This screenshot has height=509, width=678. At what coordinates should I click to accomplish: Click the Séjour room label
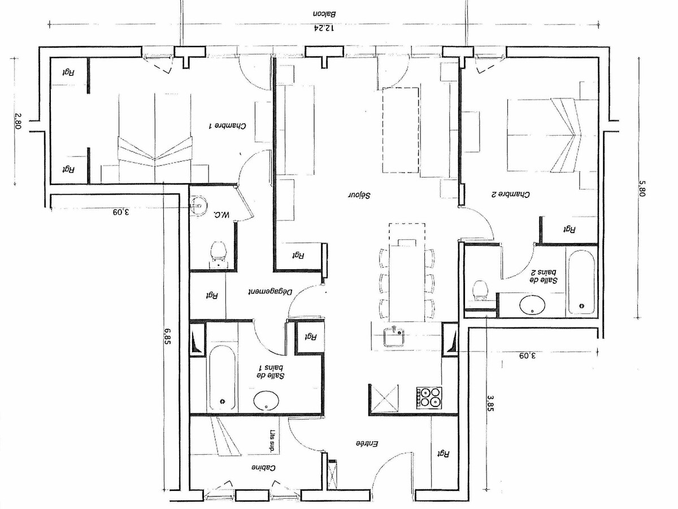pos(359,195)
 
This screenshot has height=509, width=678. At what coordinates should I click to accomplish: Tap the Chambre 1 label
pos(228,126)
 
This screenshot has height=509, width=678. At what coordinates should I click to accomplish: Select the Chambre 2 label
pos(510,195)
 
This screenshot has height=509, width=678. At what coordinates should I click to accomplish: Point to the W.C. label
pos(221,214)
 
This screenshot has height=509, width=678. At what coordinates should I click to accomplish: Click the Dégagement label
pos(270,292)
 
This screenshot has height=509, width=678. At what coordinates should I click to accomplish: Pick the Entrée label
pos(367,443)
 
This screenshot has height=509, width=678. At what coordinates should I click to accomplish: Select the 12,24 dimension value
pos(324,28)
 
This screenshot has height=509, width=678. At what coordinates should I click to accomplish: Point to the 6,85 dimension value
pos(167,336)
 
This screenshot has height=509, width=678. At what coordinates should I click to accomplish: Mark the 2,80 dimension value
pos(18,121)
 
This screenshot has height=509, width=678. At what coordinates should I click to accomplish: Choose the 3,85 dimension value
pos(490,403)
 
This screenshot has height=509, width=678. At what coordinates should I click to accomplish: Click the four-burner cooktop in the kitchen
pos(429,397)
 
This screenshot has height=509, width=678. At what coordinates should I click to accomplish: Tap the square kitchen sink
pos(394,337)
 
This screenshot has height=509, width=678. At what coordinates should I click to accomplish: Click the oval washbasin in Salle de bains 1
pos(266,400)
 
